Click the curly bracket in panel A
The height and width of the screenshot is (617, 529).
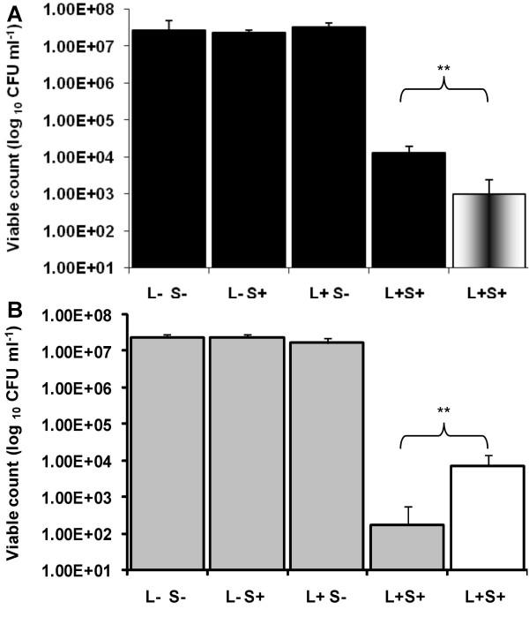click(x=445, y=89)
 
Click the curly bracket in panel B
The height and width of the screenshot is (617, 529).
click(x=445, y=433)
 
